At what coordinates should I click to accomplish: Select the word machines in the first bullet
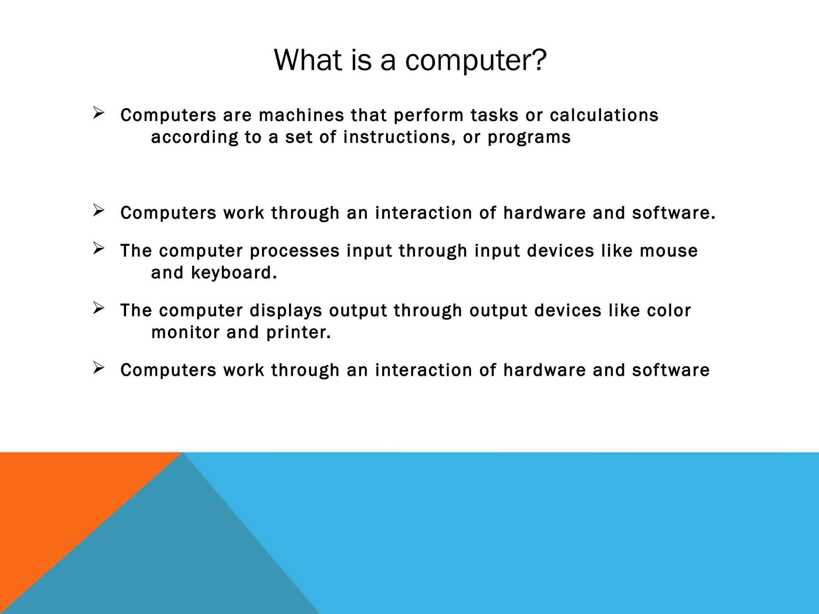(301, 116)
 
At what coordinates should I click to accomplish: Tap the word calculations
(604, 116)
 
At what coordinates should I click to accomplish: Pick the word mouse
(669, 251)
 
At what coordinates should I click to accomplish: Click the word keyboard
(234, 273)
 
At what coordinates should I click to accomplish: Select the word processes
(294, 251)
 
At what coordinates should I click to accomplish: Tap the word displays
(286, 311)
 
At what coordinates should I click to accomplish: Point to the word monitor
(186, 333)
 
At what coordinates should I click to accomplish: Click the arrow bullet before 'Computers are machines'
(98, 113)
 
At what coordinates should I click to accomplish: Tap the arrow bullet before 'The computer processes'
(98, 249)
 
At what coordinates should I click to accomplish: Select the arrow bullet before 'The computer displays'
(98, 308)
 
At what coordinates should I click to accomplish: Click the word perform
(428, 116)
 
